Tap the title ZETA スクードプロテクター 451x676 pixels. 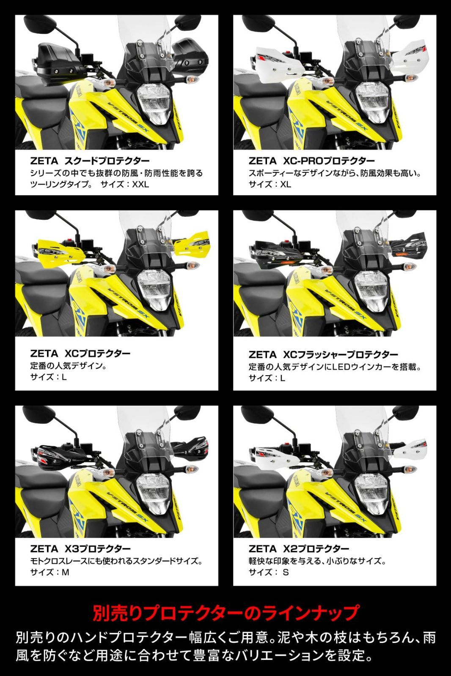[90, 161]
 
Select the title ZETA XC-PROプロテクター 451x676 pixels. [312, 161]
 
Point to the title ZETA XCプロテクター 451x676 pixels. [80, 353]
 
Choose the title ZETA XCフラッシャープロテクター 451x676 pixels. [323, 354]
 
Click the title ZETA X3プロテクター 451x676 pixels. [80, 549]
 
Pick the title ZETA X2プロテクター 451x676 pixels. [299, 549]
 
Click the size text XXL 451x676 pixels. [140, 184]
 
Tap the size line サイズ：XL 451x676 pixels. [270, 184]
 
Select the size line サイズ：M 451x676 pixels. [50, 572]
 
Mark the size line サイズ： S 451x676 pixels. [269, 572]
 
